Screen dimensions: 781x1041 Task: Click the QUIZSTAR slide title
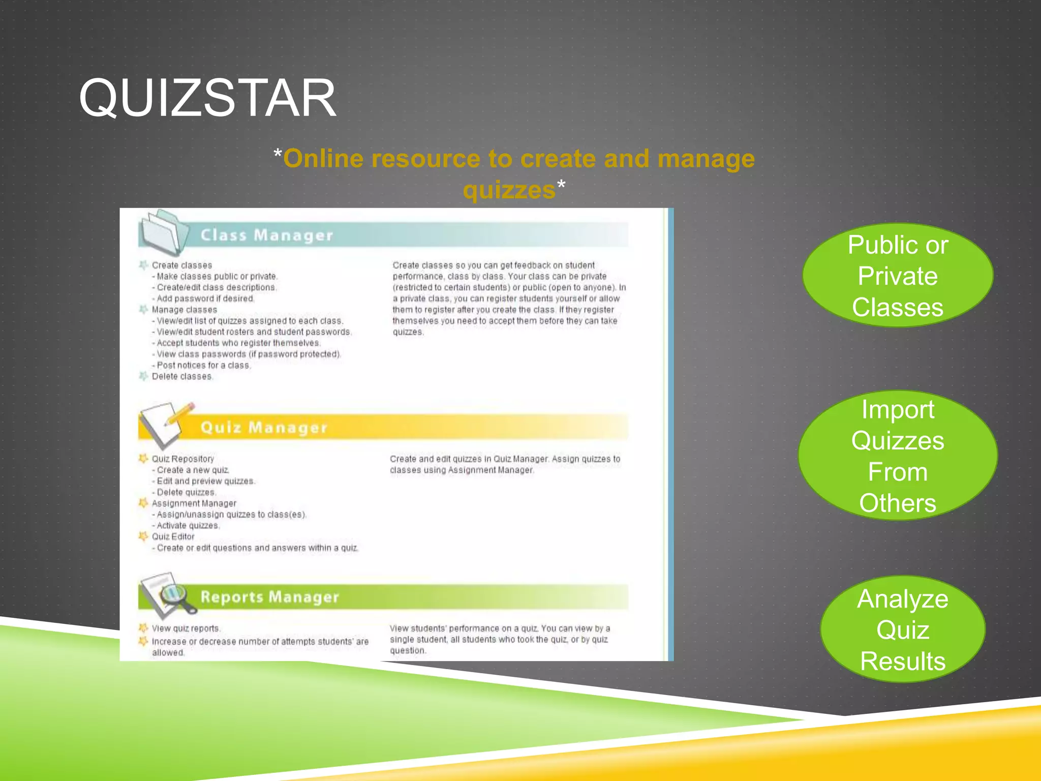pyautogui.click(x=207, y=98)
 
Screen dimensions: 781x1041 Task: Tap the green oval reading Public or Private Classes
pyautogui.click(x=898, y=276)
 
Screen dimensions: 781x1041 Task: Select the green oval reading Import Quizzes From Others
pyautogui.click(x=898, y=456)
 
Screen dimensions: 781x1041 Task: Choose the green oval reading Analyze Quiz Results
pyautogui.click(x=903, y=629)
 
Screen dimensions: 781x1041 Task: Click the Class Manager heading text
pyautogui.click(x=267, y=235)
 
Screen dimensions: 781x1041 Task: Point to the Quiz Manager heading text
pyautogui.click(x=264, y=428)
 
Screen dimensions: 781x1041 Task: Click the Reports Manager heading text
pyautogui.click(x=269, y=597)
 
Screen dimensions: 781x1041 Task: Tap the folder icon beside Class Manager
pyautogui.click(x=162, y=233)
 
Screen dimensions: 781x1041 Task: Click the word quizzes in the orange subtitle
pyautogui.click(x=509, y=190)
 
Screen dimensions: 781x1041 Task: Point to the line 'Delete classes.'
pyautogui.click(x=182, y=377)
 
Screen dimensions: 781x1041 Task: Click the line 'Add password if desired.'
pyautogui.click(x=205, y=299)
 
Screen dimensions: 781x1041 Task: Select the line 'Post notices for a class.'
pyautogui.click(x=203, y=366)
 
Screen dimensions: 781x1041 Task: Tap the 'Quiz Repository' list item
pyautogui.click(x=183, y=459)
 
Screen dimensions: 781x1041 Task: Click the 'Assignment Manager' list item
pyautogui.click(x=194, y=503)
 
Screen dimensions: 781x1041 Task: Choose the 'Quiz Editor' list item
pyautogui.click(x=173, y=537)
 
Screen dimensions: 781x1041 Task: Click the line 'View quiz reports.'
pyautogui.click(x=186, y=629)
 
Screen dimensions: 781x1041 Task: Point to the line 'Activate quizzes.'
pyautogui.click(x=188, y=526)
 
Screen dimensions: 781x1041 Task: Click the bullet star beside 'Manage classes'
pyautogui.click(x=143, y=310)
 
